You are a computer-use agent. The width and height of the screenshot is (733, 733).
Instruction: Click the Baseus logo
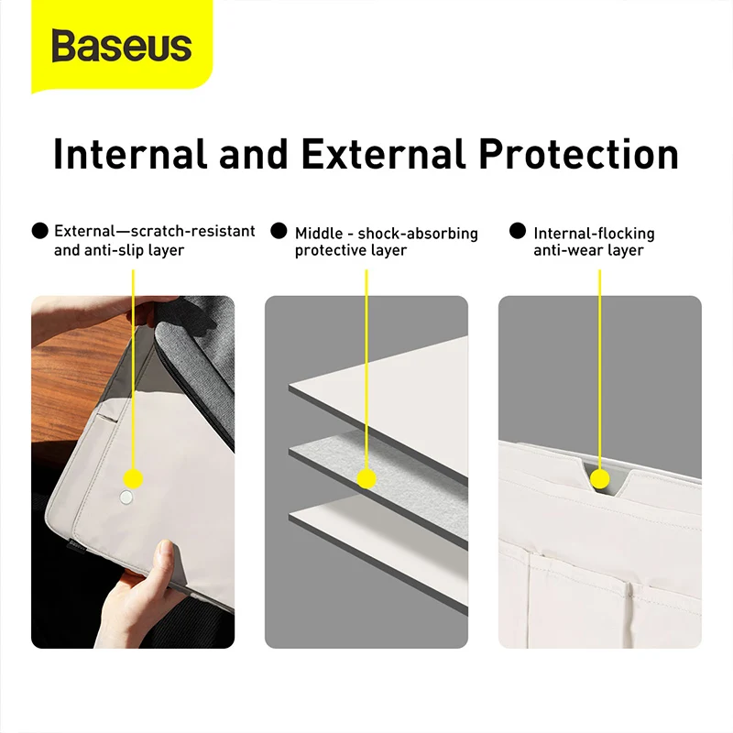click(121, 46)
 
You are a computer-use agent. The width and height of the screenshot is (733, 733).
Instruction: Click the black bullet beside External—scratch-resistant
click(39, 231)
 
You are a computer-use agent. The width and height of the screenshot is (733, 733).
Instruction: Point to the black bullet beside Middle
click(279, 231)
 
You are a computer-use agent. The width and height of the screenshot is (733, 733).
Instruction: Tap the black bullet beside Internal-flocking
click(518, 231)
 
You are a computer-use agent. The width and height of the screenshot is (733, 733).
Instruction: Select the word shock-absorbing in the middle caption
click(418, 234)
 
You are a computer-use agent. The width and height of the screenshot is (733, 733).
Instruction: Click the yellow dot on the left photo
click(134, 478)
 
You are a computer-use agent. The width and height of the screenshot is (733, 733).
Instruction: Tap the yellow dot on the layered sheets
click(366, 478)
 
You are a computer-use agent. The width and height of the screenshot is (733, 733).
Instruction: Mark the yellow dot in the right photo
click(600, 478)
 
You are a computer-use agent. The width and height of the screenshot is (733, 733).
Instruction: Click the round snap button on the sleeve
click(126, 497)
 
